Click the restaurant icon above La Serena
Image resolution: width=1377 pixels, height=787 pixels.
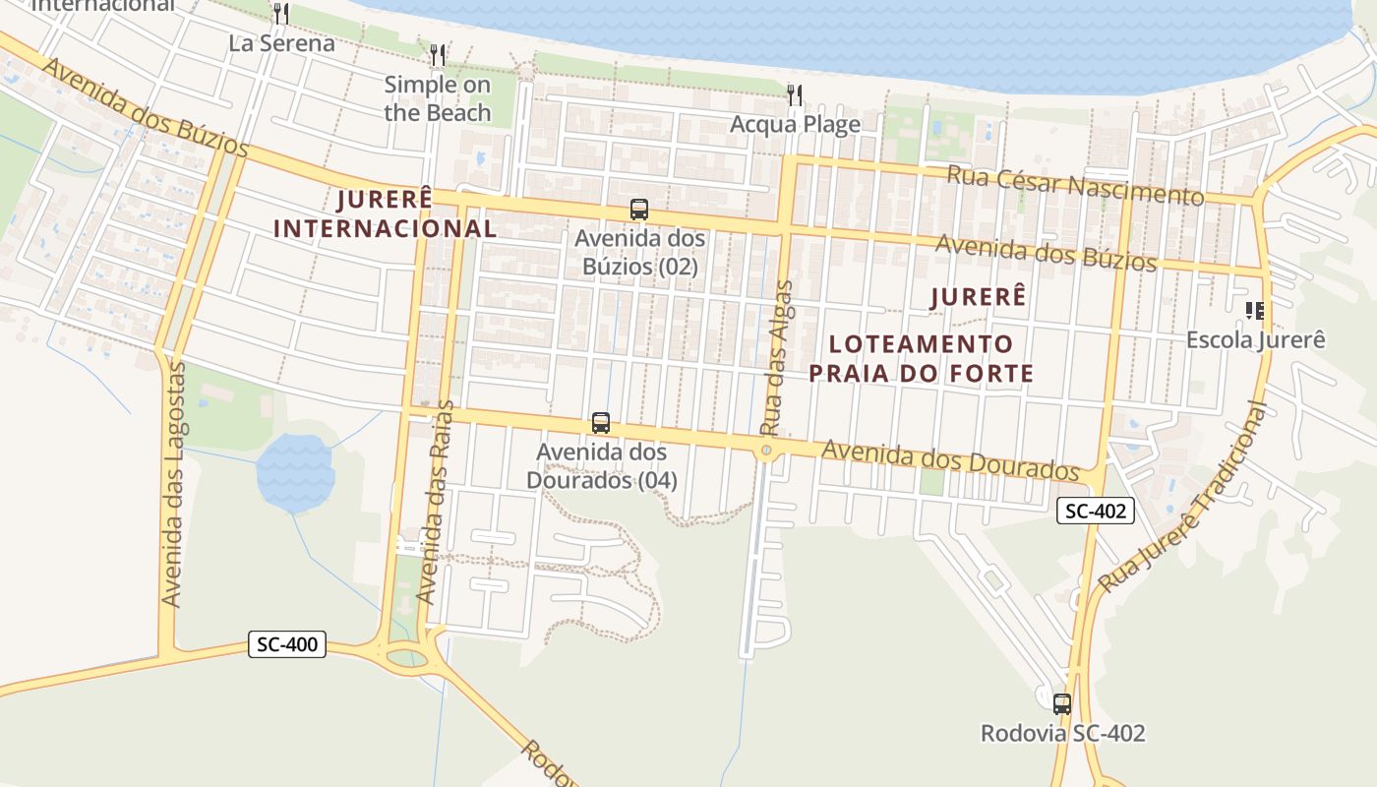(281, 13)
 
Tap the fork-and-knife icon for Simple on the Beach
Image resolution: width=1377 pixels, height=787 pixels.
(438, 54)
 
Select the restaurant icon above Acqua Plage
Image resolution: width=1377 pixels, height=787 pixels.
(795, 94)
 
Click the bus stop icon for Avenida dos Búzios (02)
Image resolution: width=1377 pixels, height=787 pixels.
(639, 209)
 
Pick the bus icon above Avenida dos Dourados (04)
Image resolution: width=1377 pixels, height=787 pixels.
(601, 423)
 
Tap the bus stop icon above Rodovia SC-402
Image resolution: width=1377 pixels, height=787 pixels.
(1062, 703)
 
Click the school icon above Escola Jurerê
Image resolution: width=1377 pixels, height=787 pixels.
(1254, 311)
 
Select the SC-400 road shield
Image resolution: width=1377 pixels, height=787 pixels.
(286, 644)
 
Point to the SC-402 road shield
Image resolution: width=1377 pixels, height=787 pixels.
(1096, 511)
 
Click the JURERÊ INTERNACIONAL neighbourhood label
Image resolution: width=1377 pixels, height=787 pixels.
(385, 213)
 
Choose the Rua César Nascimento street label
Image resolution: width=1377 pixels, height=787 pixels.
(1075, 185)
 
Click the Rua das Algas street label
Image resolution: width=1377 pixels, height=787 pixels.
(776, 358)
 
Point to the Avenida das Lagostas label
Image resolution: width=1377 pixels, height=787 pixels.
(174, 485)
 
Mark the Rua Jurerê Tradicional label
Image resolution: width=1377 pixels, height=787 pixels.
(1183, 501)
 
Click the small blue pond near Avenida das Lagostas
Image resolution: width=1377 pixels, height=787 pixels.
(294, 473)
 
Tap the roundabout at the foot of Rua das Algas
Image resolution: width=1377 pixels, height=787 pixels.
(766, 451)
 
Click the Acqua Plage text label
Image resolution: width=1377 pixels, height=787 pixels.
(795, 124)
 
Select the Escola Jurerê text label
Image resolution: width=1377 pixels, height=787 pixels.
(1255, 339)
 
